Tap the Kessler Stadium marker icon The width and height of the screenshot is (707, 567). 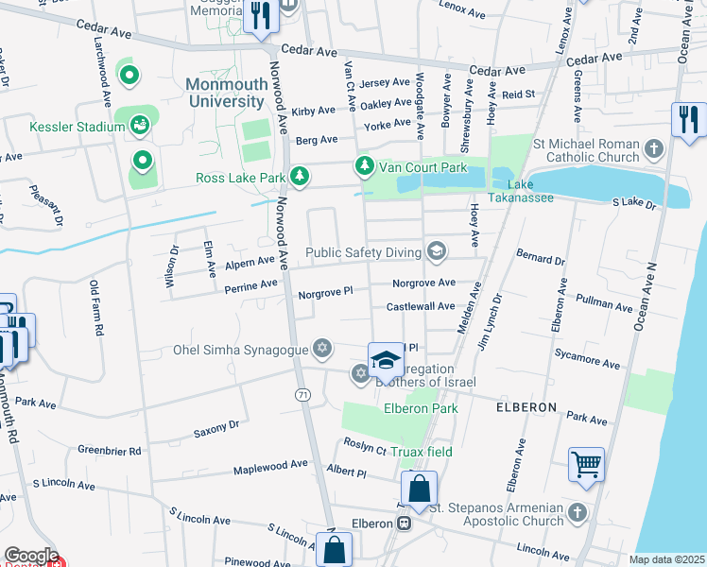[140, 125]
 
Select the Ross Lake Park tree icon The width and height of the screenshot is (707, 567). [300, 176]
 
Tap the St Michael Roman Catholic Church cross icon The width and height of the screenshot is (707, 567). [653, 148]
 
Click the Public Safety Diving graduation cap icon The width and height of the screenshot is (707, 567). [436, 251]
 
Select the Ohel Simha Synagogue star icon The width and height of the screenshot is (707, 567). [322, 350]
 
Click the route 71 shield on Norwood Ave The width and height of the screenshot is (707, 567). [302, 393]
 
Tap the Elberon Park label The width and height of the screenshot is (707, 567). [420, 408]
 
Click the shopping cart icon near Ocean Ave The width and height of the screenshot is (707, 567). [586, 464]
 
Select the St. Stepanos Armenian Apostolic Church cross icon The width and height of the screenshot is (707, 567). [578, 515]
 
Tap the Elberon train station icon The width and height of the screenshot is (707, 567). [404, 524]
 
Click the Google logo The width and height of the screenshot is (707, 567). [31, 555]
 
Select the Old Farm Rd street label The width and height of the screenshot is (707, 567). [95, 308]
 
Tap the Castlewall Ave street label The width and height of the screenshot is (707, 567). [420, 307]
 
